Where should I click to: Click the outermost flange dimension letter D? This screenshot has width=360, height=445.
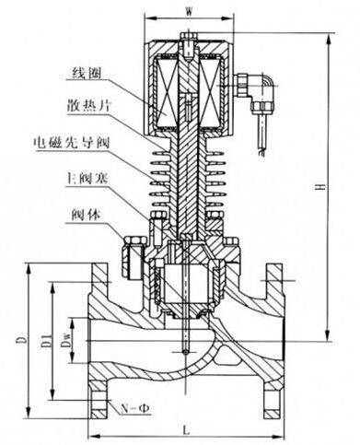pyautogui.click(x=19, y=340)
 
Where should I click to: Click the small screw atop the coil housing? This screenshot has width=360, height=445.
pyautogui.click(x=188, y=38)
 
